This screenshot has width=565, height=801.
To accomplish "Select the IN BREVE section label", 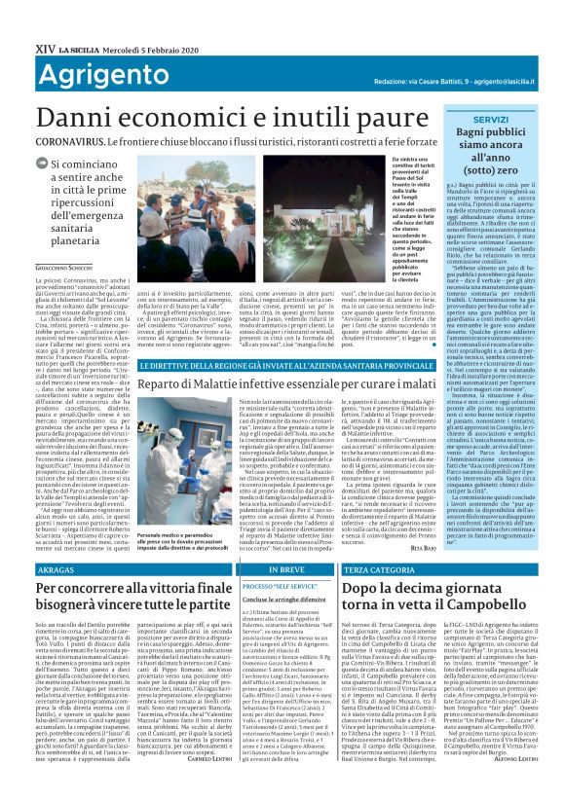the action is point(256,567).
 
